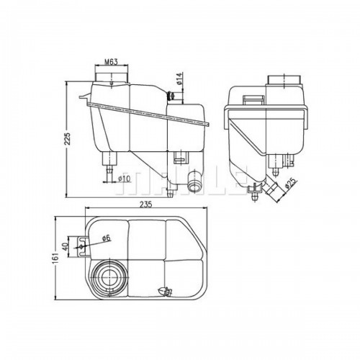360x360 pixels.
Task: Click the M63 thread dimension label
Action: tap(111, 62)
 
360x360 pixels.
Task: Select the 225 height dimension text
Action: tap(68, 139)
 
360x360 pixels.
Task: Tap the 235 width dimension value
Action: tap(146, 204)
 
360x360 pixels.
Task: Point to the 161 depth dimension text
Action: tap(57, 258)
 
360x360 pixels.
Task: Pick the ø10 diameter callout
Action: tap(124, 179)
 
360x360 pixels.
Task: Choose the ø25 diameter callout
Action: tap(291, 183)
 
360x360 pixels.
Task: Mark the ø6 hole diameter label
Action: tap(106, 238)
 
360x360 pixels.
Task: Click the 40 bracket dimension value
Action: tap(65, 247)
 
